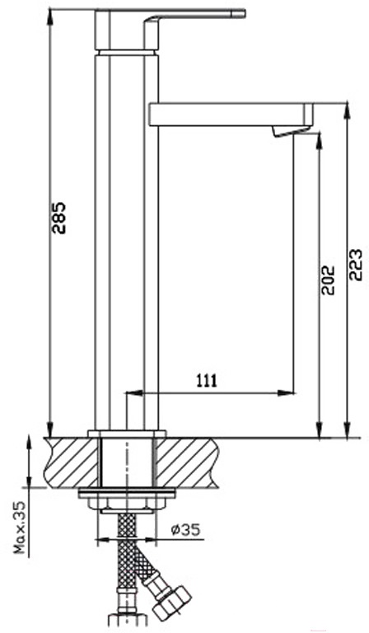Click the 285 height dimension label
click(59, 218)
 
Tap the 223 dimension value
click(355, 265)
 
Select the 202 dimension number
click(329, 279)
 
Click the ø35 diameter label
click(185, 529)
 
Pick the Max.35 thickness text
click(20, 527)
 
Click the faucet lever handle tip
click(243, 14)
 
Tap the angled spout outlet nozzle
click(290, 131)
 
